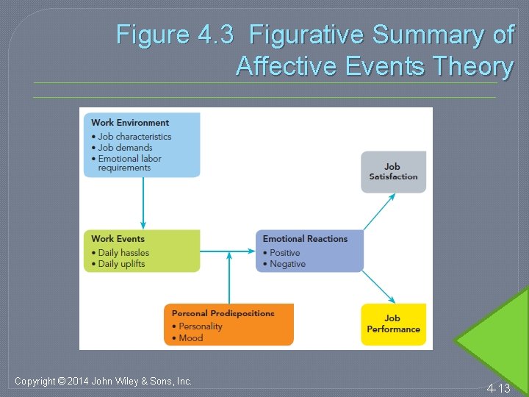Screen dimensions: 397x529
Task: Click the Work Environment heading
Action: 130,123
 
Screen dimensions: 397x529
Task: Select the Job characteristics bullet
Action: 134,137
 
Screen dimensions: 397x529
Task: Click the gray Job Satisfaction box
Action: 393,172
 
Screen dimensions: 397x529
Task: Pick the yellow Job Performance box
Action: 393,323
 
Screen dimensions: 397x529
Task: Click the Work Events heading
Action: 118,239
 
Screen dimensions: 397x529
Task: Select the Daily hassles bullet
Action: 123,253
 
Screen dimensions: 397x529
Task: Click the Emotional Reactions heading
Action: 305,239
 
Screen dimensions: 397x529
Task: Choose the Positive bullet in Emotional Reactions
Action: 285,253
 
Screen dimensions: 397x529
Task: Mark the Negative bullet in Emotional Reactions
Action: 287,264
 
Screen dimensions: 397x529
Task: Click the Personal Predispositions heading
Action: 223,313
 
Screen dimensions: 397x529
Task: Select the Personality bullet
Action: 200,326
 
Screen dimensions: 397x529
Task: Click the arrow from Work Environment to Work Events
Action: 143,203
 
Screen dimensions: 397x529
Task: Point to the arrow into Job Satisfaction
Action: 379,212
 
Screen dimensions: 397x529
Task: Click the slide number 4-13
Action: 498,388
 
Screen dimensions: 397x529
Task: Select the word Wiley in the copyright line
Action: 134,381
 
